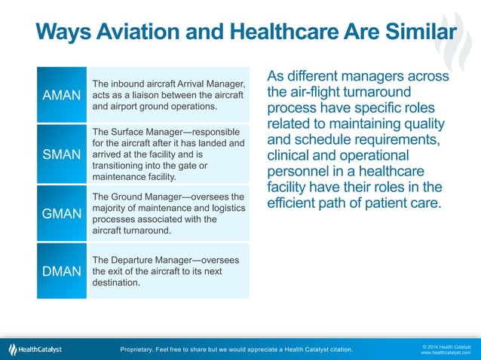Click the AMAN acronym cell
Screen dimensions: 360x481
tap(62, 96)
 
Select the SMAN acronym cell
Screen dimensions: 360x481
tap(62, 154)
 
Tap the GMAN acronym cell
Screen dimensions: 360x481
tap(62, 214)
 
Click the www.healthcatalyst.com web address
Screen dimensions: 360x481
tap(446, 352)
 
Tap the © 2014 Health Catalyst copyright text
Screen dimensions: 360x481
tap(446, 346)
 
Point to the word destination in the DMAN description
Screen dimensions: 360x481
tap(116, 284)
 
